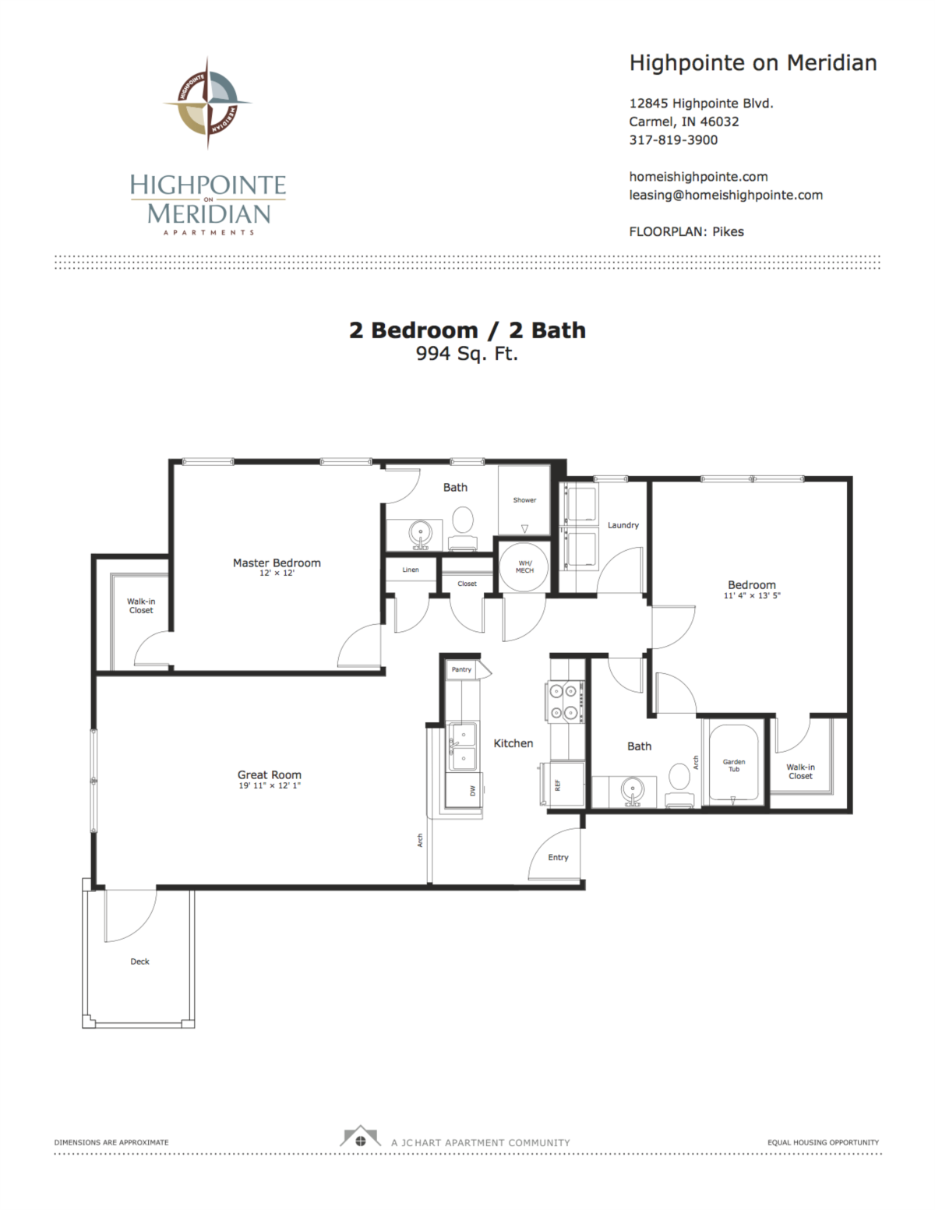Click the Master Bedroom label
click(x=277, y=563)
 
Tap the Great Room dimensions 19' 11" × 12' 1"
click(x=270, y=785)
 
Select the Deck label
click(x=139, y=961)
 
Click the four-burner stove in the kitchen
click(x=564, y=701)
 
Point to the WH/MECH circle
click(x=524, y=566)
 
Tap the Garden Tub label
click(x=734, y=765)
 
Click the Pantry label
click(x=461, y=669)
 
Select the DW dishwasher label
click(x=473, y=790)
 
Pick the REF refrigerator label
click(x=557, y=785)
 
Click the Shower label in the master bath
click(x=524, y=500)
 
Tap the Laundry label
click(x=623, y=525)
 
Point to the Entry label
click(x=558, y=857)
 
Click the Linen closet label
click(x=411, y=570)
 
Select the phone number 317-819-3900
click(x=673, y=139)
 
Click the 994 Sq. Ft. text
click(x=467, y=353)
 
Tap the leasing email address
click(x=725, y=195)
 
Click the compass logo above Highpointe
click(x=208, y=103)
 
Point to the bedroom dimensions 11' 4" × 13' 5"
click(x=752, y=595)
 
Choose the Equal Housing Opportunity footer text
click(x=823, y=1142)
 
